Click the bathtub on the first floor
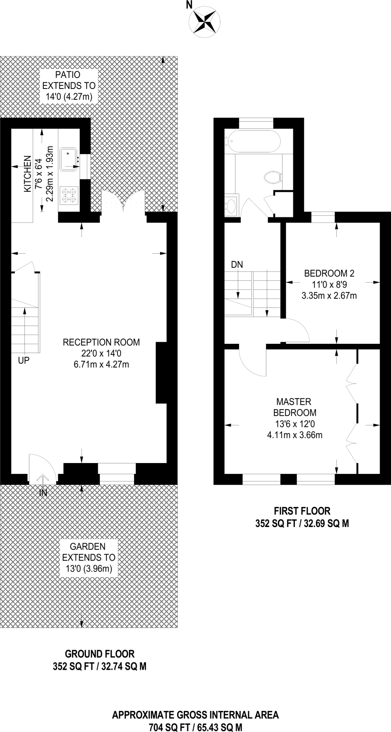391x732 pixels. click(x=253, y=142)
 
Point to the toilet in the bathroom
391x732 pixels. click(x=274, y=177)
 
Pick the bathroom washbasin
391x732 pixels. click(x=231, y=206)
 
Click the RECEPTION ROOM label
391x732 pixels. click(x=101, y=342)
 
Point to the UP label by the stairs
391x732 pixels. click(x=23, y=360)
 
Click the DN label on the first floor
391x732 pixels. click(x=237, y=265)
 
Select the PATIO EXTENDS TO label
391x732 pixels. click(x=69, y=80)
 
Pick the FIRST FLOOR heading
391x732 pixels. click(x=302, y=511)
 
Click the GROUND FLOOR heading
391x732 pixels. click(x=100, y=654)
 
